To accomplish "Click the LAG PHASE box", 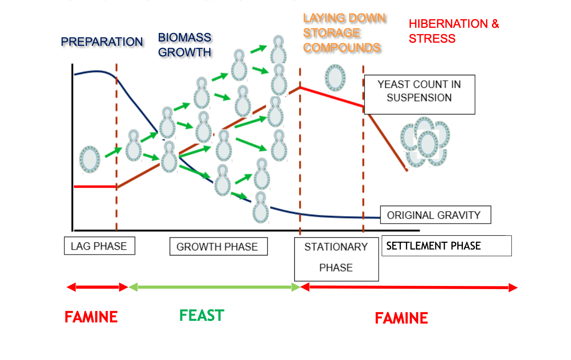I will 99,246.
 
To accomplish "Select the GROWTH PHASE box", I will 218,247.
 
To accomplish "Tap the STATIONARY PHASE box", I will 336,259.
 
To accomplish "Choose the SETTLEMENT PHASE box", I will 446,246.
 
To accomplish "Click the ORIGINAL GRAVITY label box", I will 435,215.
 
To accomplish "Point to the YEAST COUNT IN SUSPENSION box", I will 419,94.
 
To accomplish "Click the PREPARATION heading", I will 102,42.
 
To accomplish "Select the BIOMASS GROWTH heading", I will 185,45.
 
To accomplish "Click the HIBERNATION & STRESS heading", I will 453,31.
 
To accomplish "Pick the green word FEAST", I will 201,316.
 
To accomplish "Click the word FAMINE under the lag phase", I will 91,317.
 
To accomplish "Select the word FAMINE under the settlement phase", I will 401,318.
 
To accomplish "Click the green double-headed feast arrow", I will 214,288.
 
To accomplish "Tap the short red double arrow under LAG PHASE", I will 97,288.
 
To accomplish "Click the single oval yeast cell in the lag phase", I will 90,159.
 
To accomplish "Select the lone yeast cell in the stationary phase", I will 335,78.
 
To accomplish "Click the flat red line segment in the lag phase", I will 95,187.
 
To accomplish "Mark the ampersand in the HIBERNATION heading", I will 495,24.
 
